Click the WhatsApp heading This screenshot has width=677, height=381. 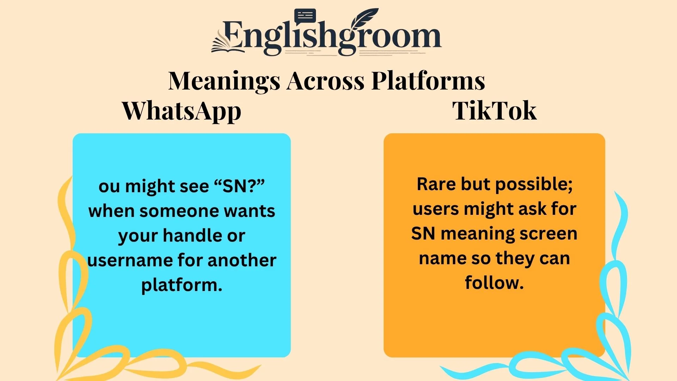coord(182,111)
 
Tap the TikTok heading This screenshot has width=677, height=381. coord(494,111)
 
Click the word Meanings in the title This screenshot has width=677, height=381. coord(224,81)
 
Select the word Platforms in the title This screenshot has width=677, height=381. coord(428,81)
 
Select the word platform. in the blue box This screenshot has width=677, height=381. coord(182,285)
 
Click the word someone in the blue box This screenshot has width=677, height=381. coord(179,211)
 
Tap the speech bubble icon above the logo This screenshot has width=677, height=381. coord(305,16)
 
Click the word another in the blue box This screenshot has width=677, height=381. coord(242,260)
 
